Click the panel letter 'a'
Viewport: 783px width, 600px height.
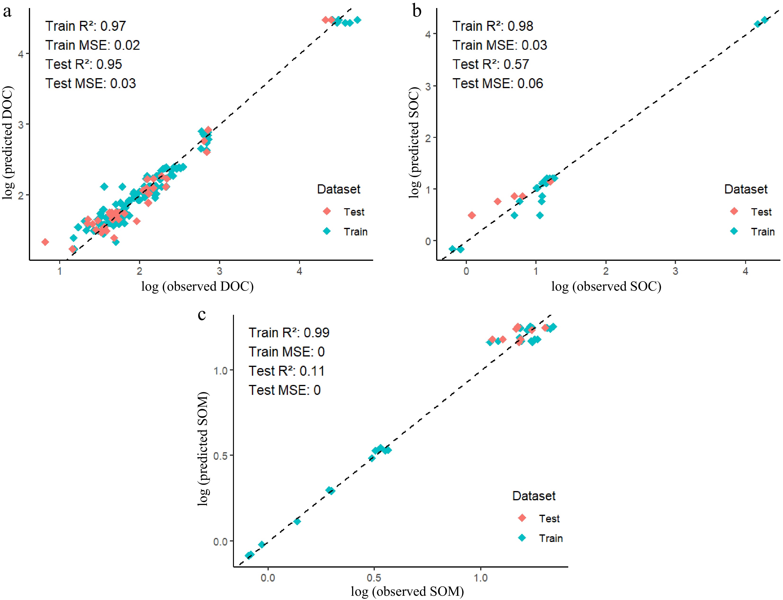pos(7,12)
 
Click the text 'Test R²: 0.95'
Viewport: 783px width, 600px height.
pos(84,64)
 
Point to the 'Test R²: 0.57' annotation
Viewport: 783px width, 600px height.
pos(491,64)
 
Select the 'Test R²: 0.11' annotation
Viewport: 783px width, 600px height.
pos(286,371)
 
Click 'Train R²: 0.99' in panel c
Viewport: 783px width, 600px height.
pos(289,333)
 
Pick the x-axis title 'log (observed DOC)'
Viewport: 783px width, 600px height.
pos(197,286)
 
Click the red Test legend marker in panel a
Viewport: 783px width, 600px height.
pos(327,212)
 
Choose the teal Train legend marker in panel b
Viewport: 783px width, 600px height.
pos(734,231)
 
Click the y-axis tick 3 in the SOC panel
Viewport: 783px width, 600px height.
pos(428,86)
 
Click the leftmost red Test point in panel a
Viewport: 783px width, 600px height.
pos(45,242)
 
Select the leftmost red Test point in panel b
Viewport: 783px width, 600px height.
pos(472,215)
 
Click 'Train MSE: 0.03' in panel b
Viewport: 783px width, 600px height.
pos(500,45)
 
